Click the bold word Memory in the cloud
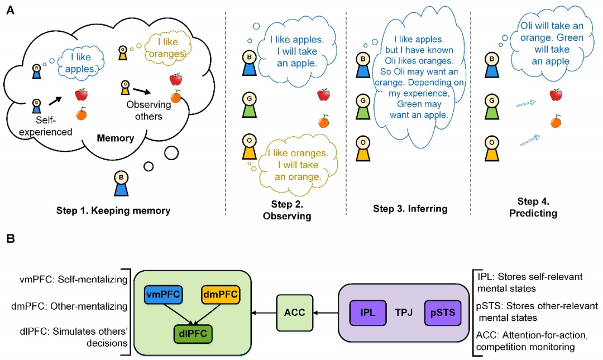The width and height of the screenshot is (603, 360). click(x=116, y=138)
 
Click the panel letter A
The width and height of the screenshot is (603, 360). click(x=9, y=9)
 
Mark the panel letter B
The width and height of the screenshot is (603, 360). click(x=9, y=239)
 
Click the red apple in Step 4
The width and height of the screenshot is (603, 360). click(x=556, y=95)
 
